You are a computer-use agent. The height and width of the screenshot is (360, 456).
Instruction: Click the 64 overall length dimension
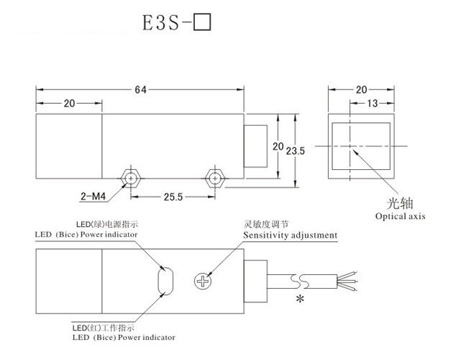click(x=140, y=89)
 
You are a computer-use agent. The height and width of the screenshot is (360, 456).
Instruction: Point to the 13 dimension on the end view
click(x=372, y=104)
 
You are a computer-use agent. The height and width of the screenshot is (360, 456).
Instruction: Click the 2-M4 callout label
click(x=91, y=194)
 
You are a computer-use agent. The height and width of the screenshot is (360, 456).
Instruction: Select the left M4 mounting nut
click(x=130, y=177)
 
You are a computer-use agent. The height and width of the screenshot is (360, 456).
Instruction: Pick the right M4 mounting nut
click(x=214, y=177)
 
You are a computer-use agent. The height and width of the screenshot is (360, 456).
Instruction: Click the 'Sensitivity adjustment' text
click(x=291, y=235)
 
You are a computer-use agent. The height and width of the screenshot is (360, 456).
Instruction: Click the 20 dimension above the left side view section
click(x=69, y=104)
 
